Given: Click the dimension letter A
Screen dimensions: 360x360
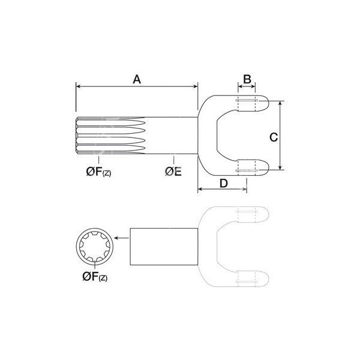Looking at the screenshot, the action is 137,79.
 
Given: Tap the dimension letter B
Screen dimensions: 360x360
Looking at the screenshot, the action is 247,79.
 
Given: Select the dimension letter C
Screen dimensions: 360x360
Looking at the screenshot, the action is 274,137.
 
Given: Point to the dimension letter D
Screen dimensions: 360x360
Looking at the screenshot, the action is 224,184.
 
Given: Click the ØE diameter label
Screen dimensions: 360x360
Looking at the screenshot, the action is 173,172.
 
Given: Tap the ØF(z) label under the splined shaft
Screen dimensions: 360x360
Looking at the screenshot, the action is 98,172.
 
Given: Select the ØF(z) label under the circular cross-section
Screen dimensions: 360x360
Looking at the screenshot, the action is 95,277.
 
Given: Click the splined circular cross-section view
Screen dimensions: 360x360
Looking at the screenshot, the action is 95,247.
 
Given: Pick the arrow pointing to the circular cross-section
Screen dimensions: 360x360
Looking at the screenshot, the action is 121,238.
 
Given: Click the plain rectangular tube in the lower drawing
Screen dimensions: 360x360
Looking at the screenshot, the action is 164,247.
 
